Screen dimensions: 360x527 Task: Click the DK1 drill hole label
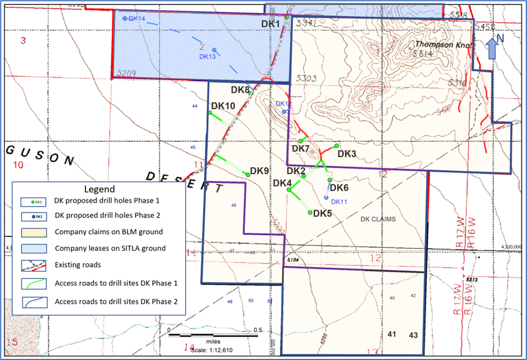point(270,23)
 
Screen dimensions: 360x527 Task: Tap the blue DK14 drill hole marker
point(125,19)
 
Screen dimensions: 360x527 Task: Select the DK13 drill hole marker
point(215,49)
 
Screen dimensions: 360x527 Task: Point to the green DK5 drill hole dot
point(310,213)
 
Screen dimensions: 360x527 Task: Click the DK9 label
point(259,171)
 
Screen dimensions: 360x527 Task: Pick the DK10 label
point(223,106)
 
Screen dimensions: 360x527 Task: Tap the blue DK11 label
point(339,201)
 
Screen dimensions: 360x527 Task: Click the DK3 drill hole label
point(346,154)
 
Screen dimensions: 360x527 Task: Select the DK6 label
point(339,188)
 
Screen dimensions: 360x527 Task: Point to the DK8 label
point(240,90)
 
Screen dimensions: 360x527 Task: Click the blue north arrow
point(492,48)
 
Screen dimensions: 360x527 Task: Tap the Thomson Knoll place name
point(435,44)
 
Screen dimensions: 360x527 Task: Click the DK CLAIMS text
point(378,218)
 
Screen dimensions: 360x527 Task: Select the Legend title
point(99,189)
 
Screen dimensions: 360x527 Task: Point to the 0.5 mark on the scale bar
point(257,330)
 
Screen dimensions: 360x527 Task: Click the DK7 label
point(300,149)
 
